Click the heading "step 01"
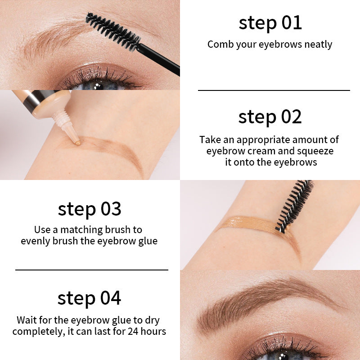tap(270, 23)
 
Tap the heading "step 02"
tap(270, 117)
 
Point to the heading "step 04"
tap(89, 298)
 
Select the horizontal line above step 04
tap(92, 270)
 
